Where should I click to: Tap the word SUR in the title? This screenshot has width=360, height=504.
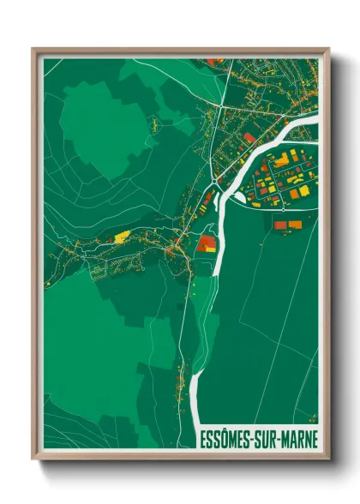pos(263,440)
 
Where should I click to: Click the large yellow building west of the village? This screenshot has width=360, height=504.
pos(122,235)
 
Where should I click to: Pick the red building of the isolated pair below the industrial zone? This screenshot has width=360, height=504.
pos(280,224)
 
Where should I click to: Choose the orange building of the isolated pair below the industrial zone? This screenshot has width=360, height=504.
pos(296,225)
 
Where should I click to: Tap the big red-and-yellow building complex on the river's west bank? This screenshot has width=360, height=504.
pos(207,244)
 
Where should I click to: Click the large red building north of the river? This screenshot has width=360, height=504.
pos(249,137)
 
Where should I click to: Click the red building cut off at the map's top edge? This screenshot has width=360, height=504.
pos(215,61)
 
